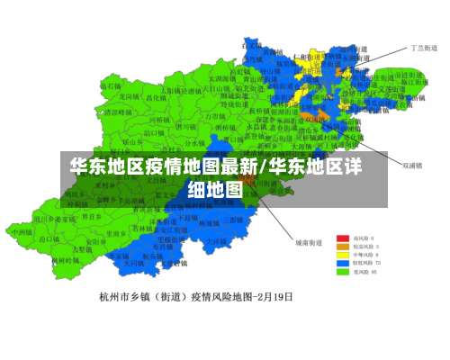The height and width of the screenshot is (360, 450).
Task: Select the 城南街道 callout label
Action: tap(308, 241)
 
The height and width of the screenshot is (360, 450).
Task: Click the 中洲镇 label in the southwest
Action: tap(22, 230)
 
